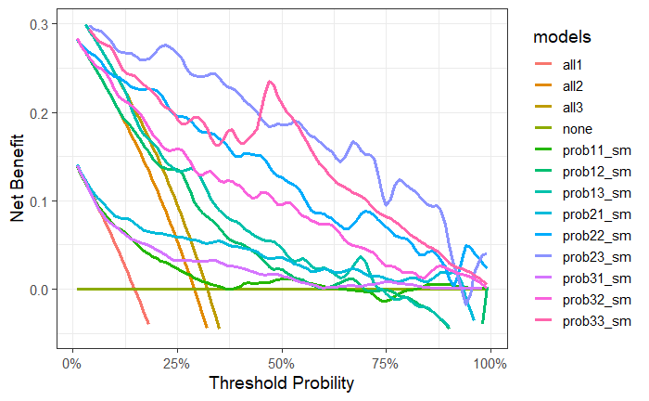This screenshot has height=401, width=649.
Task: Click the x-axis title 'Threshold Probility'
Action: click(x=281, y=382)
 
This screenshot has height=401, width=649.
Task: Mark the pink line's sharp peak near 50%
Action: click(x=270, y=82)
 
